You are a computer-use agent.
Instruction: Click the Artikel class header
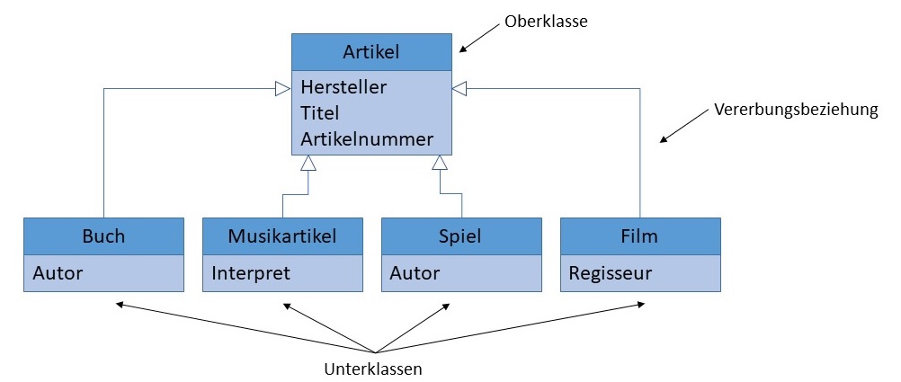370,52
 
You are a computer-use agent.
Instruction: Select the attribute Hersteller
343,88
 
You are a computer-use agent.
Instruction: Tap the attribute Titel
320,113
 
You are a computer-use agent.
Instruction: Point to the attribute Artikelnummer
367,139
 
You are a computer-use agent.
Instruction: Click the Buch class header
103,236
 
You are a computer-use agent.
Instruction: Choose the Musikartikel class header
282,236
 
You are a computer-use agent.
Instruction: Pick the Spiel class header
460,236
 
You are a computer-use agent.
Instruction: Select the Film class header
639,236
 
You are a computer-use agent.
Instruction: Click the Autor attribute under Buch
58,272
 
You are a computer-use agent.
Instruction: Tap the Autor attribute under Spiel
415,272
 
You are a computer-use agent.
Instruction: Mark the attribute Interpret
251,272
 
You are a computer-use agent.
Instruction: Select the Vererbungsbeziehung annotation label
795,111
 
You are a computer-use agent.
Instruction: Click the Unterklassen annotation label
373,369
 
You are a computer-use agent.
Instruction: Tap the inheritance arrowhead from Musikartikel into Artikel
308,163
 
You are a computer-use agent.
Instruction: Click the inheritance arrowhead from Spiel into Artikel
439,163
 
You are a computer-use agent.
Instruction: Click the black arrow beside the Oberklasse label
478,39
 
